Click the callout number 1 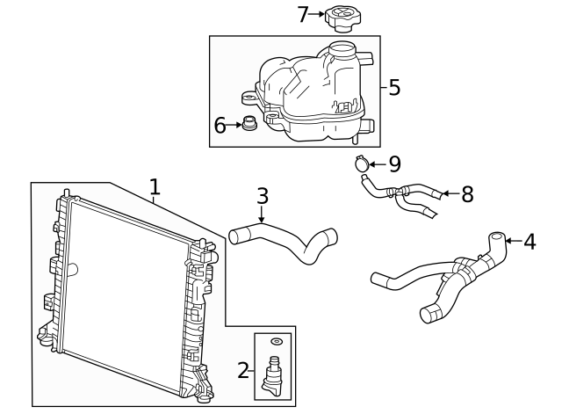(x=155, y=186)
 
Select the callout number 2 (x=243, y=370)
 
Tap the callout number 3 (x=262, y=195)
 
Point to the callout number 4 (x=530, y=239)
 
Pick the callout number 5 (x=394, y=87)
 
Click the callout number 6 (x=220, y=126)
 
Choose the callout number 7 (x=303, y=14)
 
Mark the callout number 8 (x=466, y=194)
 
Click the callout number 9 (x=394, y=163)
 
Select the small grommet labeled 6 (x=250, y=124)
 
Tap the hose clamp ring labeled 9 (x=359, y=163)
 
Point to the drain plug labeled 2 (x=275, y=374)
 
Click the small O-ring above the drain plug (x=276, y=341)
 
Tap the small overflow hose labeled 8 (x=400, y=194)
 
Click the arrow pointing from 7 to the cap (x=317, y=14)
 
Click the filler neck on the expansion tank (x=342, y=49)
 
